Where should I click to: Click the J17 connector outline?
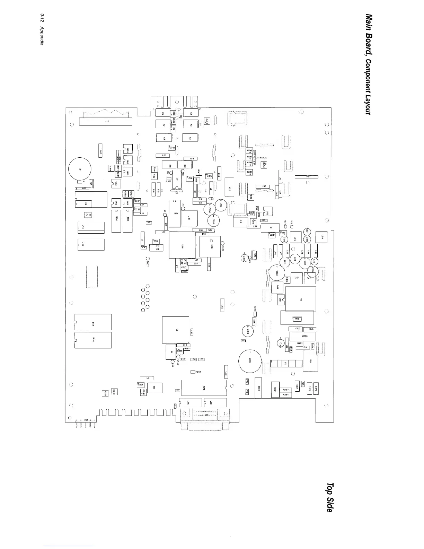coord(106,122)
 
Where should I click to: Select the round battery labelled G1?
coord(80,169)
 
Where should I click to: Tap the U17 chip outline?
coord(93,322)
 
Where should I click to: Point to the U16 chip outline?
coord(93,340)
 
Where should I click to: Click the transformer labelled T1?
coord(301,299)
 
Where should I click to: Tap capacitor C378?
coord(302,336)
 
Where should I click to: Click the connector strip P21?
coord(306,177)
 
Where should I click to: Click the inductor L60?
coord(100,151)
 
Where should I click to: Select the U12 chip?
coord(91,227)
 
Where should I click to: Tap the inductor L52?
coord(222,305)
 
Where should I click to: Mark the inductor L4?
coord(147,378)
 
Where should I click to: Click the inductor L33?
coord(263,186)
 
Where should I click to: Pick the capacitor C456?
coord(88,215)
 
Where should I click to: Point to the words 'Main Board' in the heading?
coord(369,35)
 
